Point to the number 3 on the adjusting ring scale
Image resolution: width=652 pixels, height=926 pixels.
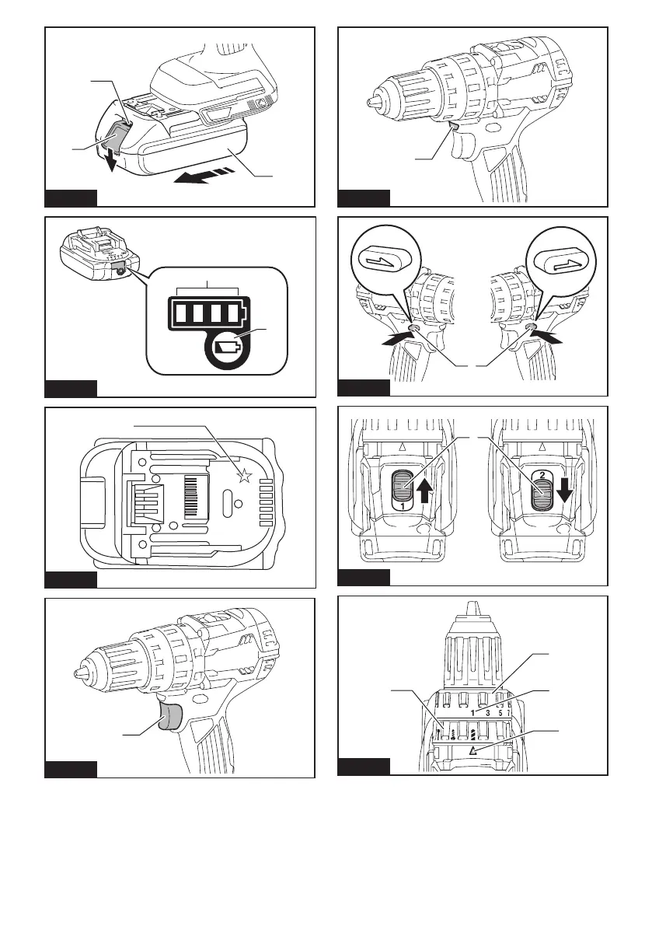[x=487, y=713]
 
